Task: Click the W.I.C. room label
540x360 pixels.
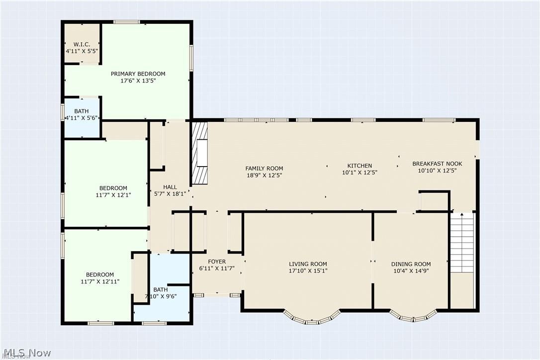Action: (x=82, y=44)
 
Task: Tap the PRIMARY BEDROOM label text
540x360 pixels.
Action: (x=138, y=74)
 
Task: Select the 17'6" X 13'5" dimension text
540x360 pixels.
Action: (x=138, y=81)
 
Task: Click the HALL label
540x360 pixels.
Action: (x=170, y=187)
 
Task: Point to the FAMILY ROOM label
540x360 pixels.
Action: (x=264, y=169)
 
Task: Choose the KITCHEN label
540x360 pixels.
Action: (x=360, y=166)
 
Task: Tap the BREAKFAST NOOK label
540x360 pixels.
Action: (x=438, y=164)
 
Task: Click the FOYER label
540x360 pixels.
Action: (x=217, y=262)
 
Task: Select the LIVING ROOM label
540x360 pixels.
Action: (x=308, y=264)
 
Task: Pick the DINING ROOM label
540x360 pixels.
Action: (x=411, y=264)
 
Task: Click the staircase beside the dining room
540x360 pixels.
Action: (x=462, y=243)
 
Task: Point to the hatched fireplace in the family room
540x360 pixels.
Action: (x=200, y=153)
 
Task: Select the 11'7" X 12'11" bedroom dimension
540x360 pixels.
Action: (x=100, y=281)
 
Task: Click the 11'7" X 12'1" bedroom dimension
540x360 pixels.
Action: (x=113, y=195)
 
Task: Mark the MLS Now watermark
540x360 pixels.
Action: (x=26, y=353)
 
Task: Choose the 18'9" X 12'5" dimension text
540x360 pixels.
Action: (x=264, y=176)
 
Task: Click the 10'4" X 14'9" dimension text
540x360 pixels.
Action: (x=411, y=271)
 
